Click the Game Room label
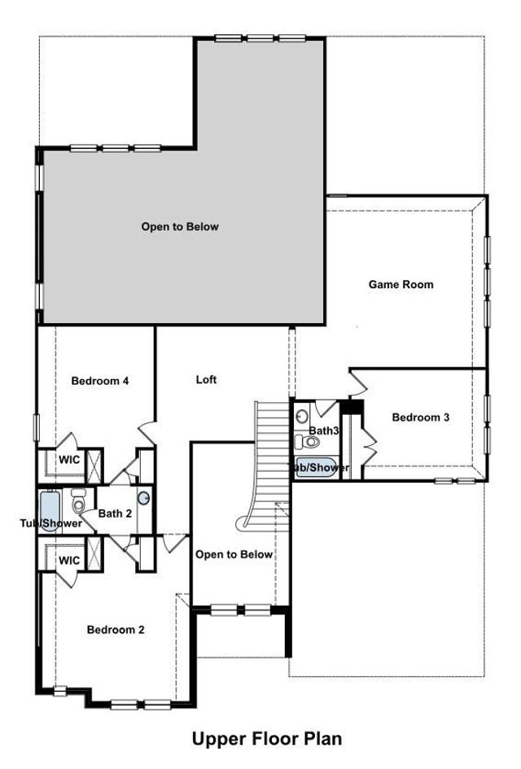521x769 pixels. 401,285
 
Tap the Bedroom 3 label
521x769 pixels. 420,417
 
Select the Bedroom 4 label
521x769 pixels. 100,380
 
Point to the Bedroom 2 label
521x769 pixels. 116,629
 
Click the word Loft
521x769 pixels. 207,379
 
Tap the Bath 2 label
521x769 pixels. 115,513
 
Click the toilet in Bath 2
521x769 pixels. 78,504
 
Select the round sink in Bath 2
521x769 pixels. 144,499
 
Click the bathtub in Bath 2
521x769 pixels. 49,511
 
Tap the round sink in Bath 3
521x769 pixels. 301,415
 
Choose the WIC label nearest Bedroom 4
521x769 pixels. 68,460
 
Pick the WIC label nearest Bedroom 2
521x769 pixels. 68,561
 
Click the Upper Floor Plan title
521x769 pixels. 266,739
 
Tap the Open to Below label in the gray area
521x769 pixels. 180,226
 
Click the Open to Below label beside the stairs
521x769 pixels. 234,554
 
